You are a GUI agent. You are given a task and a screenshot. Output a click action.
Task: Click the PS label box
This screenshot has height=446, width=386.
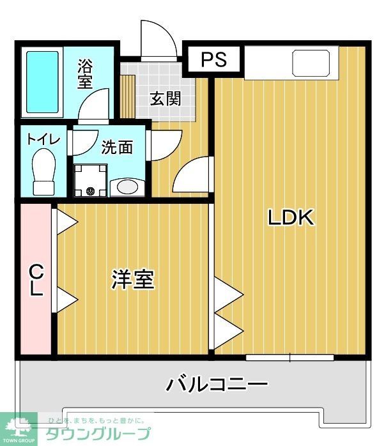pyautogui.click(x=215, y=59)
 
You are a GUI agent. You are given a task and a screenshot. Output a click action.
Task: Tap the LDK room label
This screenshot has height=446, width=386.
pyautogui.click(x=291, y=218)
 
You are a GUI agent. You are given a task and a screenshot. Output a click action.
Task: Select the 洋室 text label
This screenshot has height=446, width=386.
pyautogui.click(x=133, y=279)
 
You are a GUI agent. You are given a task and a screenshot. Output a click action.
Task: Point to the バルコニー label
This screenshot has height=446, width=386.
pyautogui.click(x=217, y=385)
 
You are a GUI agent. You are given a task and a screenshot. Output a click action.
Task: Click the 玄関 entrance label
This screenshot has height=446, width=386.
pyautogui.click(x=165, y=98)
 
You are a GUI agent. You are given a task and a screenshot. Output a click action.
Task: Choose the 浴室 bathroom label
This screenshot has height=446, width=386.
pyautogui.click(x=85, y=73)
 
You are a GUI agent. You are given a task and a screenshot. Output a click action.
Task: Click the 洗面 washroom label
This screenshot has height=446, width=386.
pyautogui.click(x=117, y=147)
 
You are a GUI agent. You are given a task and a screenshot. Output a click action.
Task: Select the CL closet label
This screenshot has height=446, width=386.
pyautogui.click(x=36, y=281)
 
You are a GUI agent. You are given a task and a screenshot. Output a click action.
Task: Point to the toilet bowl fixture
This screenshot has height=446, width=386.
pyautogui.click(x=45, y=171)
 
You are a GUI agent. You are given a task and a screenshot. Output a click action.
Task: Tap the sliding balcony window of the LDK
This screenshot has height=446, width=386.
pyautogui.click(x=290, y=355)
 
